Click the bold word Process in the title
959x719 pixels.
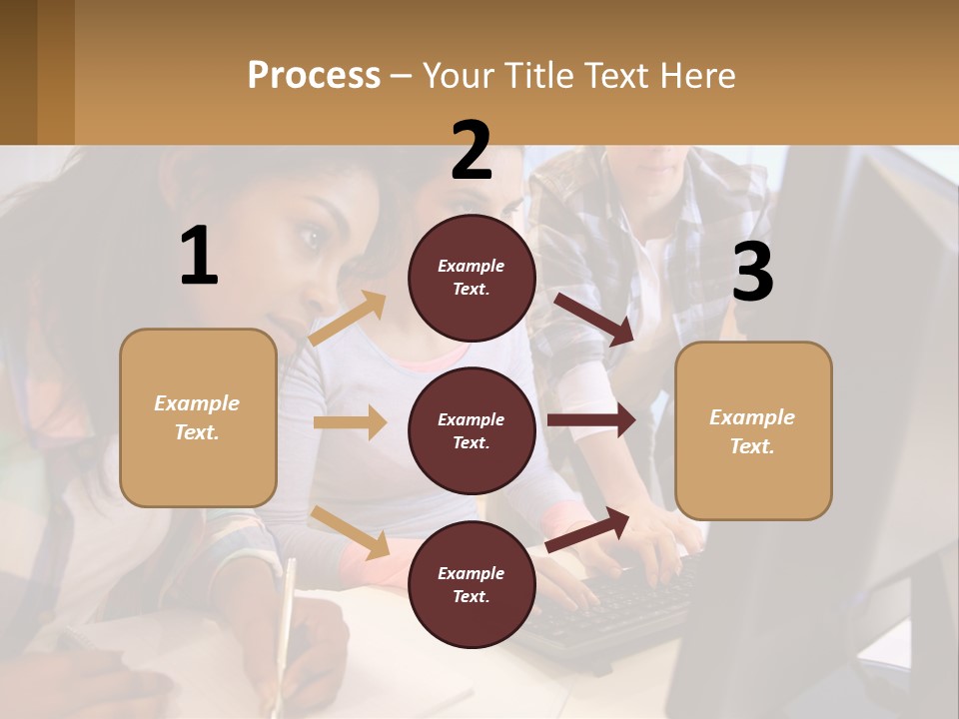tap(314, 76)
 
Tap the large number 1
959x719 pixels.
tap(199, 257)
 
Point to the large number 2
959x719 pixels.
tap(472, 151)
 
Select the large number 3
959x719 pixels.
tap(752, 273)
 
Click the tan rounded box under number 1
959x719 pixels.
tap(198, 417)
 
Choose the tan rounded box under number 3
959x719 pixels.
tap(753, 431)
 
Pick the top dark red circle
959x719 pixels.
tap(472, 278)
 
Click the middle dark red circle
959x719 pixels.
tap(472, 431)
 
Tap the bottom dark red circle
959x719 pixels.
tap(472, 585)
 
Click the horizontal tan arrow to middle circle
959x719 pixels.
tap(350, 422)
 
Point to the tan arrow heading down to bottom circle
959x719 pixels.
tap(351, 532)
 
